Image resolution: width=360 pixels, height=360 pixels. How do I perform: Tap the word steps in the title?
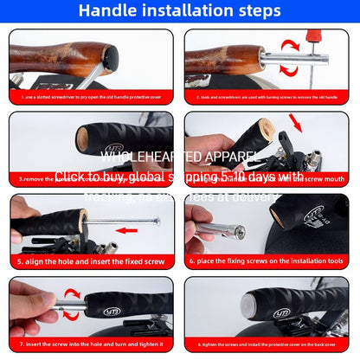pyautogui.click(x=256, y=11)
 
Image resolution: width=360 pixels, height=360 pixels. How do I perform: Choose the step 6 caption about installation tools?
pyautogui.click(x=264, y=260)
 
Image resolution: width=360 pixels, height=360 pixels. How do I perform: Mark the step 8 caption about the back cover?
pyautogui.click(x=268, y=343)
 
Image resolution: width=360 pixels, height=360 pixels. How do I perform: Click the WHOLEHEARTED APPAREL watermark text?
pyautogui.click(x=180, y=157)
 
